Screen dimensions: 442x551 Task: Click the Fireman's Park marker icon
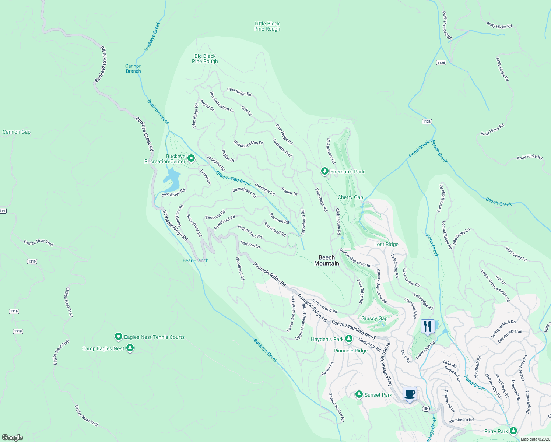[324, 171]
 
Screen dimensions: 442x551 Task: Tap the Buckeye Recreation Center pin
[191, 158]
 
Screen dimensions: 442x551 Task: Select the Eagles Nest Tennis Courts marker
[119, 337]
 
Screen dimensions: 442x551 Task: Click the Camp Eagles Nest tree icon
[130, 348]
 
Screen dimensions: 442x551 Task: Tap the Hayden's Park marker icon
[348, 339]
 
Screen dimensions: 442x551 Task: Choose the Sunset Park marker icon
[359, 394]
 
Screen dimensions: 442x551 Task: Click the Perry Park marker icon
[513, 431]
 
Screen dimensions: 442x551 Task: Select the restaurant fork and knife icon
[428, 326]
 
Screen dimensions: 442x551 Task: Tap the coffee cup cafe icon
[410, 394]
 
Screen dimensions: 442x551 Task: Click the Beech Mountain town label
[327, 260]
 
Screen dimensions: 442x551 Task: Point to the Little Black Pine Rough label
[267, 26]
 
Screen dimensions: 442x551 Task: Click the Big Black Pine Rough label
[205, 59]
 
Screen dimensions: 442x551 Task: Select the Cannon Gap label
[17, 132]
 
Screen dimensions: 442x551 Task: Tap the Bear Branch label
[196, 260]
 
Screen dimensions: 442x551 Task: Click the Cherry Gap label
[350, 197]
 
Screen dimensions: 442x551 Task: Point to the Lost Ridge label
[386, 244]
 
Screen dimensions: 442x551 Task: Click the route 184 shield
[426, 408]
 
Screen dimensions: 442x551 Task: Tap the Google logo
[13, 437]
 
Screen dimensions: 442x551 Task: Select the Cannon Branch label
[133, 69]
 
